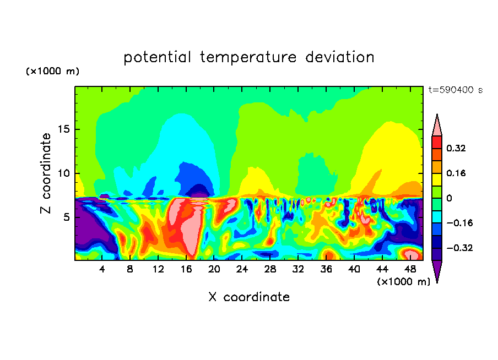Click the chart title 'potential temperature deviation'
(x=249, y=57)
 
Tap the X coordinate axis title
(x=249, y=297)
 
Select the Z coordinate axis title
(x=46, y=173)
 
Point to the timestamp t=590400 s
(x=455, y=90)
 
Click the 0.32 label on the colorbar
(x=457, y=148)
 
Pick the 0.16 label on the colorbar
(x=457, y=173)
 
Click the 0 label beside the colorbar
(x=449, y=198)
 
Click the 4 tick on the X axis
(x=102, y=269)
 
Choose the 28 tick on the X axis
(x=270, y=269)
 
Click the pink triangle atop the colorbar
(x=437, y=124)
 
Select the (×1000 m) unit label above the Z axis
(x=52, y=72)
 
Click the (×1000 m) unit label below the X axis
(x=404, y=281)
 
